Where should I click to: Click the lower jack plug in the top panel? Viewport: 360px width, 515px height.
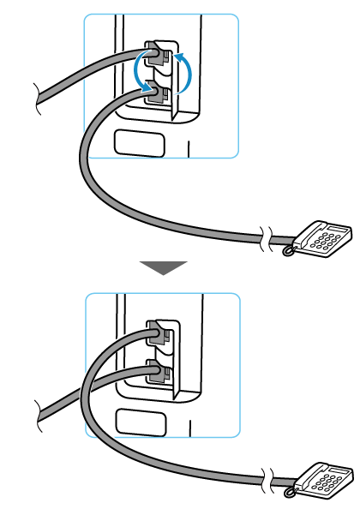click(155, 93)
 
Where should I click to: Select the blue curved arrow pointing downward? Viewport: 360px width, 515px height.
click(141, 75)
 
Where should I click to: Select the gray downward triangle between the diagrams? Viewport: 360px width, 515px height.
click(163, 268)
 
